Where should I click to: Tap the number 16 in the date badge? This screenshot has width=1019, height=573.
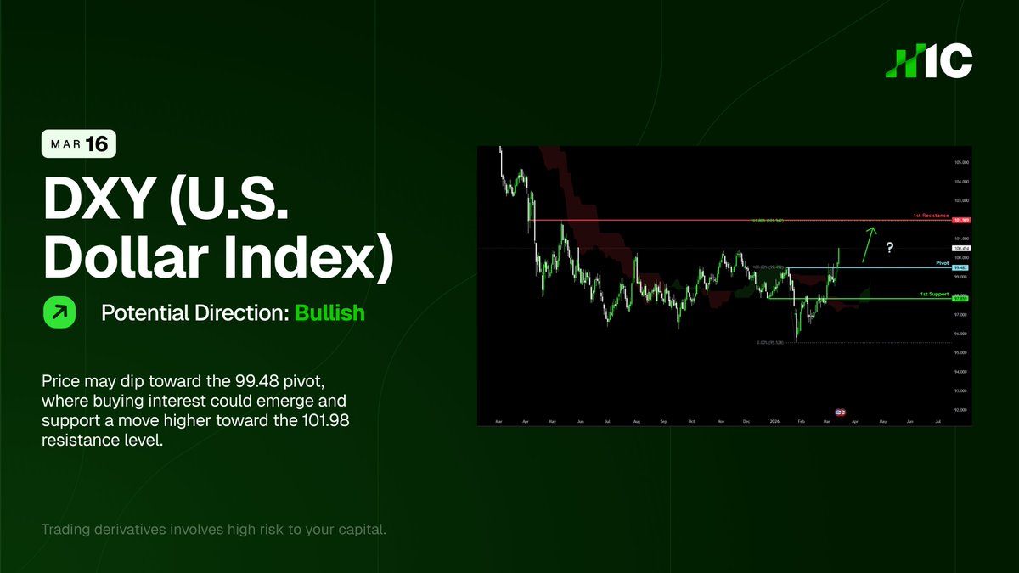click(x=98, y=144)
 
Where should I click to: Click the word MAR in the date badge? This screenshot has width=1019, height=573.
click(x=65, y=145)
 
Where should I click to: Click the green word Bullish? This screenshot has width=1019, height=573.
click(x=329, y=312)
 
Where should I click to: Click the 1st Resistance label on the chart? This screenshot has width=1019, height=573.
click(x=930, y=216)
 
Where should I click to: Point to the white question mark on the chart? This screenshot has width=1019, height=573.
click(x=890, y=247)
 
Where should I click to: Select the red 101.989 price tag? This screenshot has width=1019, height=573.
click(x=962, y=221)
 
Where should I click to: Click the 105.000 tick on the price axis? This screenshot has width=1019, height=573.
click(x=961, y=162)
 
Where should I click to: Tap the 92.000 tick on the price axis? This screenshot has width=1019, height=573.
click(x=961, y=410)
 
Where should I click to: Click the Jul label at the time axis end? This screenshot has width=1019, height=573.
click(x=937, y=421)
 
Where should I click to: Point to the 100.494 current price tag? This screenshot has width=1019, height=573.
click(x=962, y=248)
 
